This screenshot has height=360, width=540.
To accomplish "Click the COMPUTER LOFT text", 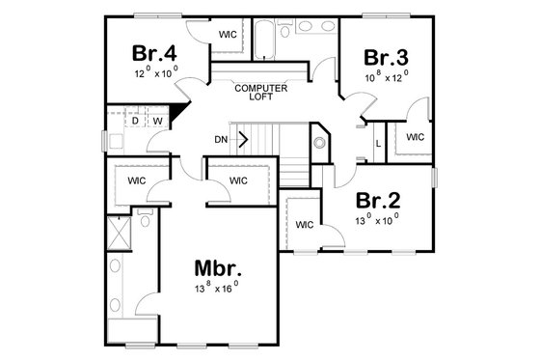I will [x=260, y=92].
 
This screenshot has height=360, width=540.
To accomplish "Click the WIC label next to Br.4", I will [x=229, y=35].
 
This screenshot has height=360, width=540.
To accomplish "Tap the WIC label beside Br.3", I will [x=415, y=137].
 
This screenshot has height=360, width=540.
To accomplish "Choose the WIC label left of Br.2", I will [x=304, y=225].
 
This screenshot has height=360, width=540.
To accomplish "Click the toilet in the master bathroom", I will [x=144, y=219].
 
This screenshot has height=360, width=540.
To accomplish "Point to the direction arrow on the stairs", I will [x=243, y=138].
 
